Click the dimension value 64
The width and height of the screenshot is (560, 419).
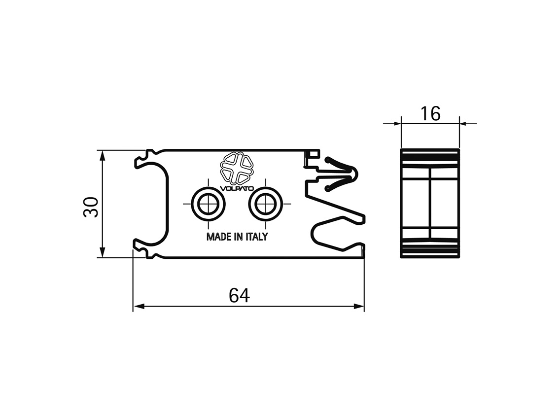239,295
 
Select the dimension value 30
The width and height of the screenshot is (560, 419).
91,207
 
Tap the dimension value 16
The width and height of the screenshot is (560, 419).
430,113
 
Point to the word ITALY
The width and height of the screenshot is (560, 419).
256,237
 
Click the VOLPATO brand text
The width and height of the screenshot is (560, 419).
237,188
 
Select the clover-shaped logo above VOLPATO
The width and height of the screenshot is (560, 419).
237,167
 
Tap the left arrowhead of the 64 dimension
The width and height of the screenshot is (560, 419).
138,306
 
